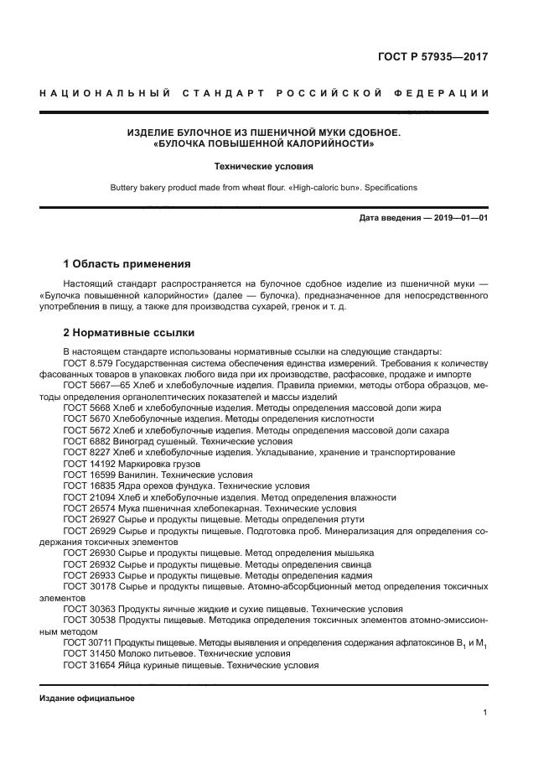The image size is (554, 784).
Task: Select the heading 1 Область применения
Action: pos(127,263)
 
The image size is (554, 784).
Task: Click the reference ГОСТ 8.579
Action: pos(85,363)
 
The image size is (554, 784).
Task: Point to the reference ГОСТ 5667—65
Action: pos(91,385)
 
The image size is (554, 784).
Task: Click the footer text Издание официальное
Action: pos(86,698)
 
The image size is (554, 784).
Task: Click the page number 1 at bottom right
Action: pos(485,713)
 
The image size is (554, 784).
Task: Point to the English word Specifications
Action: pos(388,188)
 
